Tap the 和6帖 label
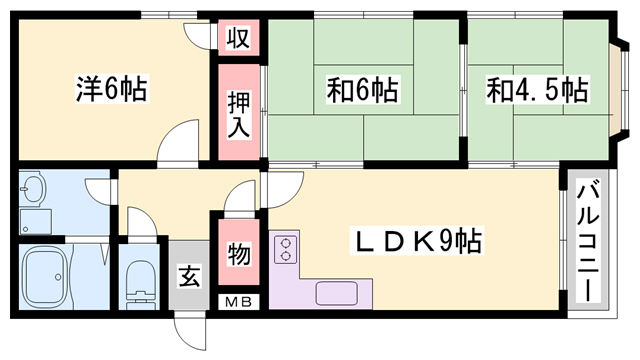(x=362, y=90)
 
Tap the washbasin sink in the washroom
(x=34, y=190)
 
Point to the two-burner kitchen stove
(x=284, y=248)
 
